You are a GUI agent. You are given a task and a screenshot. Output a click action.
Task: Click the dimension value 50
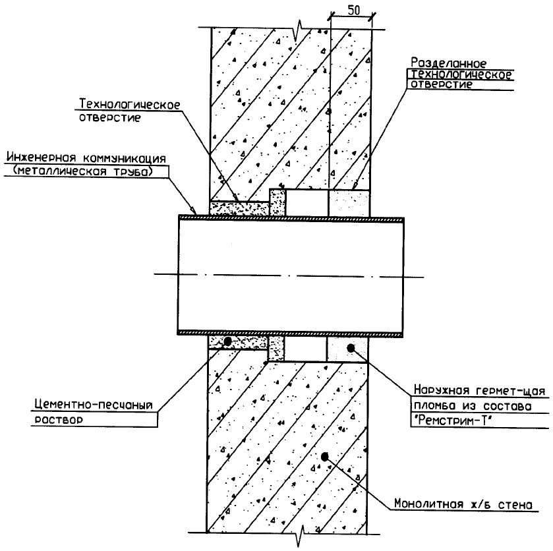click(x=353, y=11)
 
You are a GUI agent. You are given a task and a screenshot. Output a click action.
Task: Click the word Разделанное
click(x=448, y=63)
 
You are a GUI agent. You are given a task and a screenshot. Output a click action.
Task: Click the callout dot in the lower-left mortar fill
click(x=227, y=341)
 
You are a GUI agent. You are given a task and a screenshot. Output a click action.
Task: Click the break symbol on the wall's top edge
click(x=301, y=30)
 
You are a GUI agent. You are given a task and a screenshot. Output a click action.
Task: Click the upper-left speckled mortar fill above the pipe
click(x=239, y=208)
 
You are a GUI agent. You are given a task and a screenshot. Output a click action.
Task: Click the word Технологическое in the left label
click(x=130, y=105)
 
